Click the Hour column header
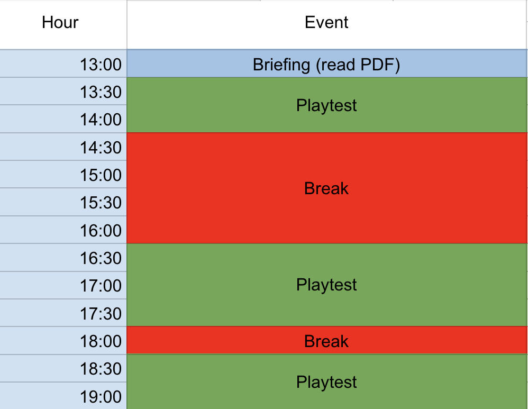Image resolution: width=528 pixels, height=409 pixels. click(x=60, y=23)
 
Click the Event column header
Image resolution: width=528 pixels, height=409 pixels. click(x=326, y=23)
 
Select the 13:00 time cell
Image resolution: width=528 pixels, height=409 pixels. click(x=63, y=64)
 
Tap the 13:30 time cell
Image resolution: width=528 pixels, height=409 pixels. click(x=63, y=92)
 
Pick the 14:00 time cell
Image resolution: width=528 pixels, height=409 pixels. click(x=63, y=119)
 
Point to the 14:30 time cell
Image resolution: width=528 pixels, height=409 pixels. click(x=63, y=147)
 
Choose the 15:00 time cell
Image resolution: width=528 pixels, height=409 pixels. click(x=63, y=175)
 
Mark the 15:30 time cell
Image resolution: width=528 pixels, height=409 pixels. click(x=63, y=203)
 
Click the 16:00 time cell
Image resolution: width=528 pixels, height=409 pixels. click(x=63, y=231)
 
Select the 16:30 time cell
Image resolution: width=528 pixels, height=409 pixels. click(x=63, y=258)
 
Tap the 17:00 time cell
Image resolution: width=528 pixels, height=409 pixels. click(x=63, y=286)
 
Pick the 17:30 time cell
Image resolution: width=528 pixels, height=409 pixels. click(x=63, y=313)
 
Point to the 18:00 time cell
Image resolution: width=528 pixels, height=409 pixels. click(x=63, y=341)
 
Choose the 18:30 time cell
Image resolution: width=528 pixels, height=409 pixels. click(x=63, y=369)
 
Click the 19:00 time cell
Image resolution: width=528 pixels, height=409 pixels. click(x=63, y=396)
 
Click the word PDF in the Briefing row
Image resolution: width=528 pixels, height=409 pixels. click(x=377, y=65)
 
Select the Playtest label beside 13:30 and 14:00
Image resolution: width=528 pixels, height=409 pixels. click(x=326, y=105)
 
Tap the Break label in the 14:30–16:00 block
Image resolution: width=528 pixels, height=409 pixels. click(x=326, y=188)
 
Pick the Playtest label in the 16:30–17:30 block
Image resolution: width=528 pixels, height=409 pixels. click(x=326, y=285)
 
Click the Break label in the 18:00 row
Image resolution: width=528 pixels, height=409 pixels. click(x=326, y=341)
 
